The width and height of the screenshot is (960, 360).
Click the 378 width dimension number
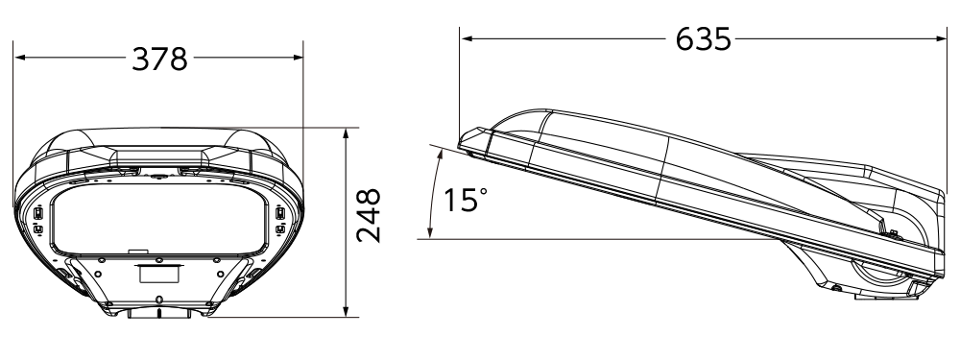point(159,59)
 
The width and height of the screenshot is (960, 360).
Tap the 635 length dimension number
point(704,39)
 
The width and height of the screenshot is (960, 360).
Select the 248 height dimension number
point(369,215)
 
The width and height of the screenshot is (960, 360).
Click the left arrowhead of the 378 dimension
point(19,58)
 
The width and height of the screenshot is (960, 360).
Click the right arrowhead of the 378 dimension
point(298,58)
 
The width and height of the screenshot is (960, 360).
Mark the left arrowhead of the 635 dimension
point(466,38)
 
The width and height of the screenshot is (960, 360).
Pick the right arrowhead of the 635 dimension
point(941,38)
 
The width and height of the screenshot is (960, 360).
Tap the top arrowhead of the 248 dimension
point(346,134)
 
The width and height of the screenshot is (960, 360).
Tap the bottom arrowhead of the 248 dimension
point(346,311)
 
